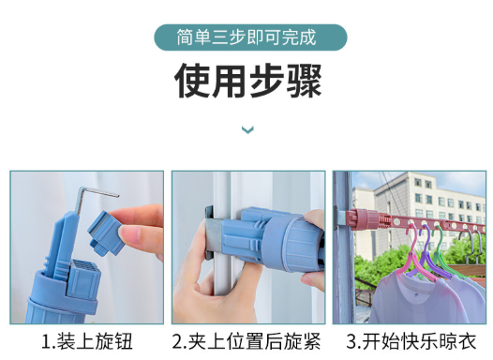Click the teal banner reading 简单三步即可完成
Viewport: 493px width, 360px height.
pyautogui.click(x=250, y=37)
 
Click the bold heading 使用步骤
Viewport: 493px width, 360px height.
pyautogui.click(x=248, y=81)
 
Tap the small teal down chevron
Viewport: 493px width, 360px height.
pyautogui.click(x=247, y=129)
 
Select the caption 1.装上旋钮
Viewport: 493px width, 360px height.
pyautogui.click(x=87, y=341)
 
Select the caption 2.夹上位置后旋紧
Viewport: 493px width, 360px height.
pyautogui.click(x=246, y=341)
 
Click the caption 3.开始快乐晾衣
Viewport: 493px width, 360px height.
pyautogui.click(x=411, y=341)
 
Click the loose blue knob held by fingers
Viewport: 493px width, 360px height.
pyautogui.click(x=105, y=232)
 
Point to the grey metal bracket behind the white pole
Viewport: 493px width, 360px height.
pyautogui.click(x=210, y=233)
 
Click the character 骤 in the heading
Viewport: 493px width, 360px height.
pyautogui.click(x=304, y=81)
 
